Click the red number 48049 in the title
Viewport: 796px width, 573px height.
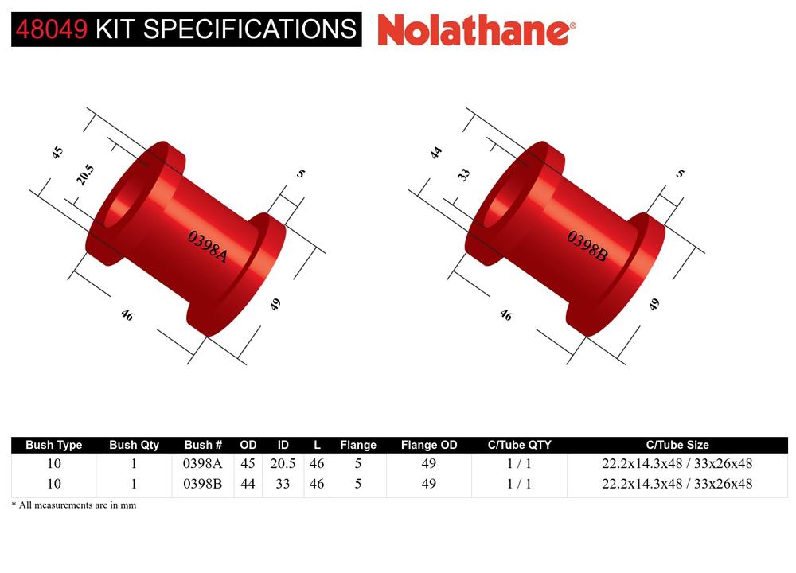click(52, 29)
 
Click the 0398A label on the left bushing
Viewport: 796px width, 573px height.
click(208, 247)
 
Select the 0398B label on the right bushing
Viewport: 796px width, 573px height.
click(587, 247)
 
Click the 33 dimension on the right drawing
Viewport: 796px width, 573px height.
click(465, 174)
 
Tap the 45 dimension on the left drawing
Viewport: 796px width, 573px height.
click(57, 152)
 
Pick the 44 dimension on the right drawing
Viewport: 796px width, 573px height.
click(436, 152)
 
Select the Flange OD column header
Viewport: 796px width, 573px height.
click(429, 445)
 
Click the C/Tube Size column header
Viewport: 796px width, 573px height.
click(677, 445)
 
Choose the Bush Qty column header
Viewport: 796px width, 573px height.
click(134, 445)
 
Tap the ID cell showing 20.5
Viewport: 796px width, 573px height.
click(283, 463)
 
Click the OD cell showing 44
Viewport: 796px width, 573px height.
click(248, 483)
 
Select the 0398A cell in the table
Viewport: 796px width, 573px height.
click(203, 463)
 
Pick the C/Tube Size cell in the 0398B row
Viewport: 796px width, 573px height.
click(677, 483)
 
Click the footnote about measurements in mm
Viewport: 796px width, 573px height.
click(73, 505)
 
